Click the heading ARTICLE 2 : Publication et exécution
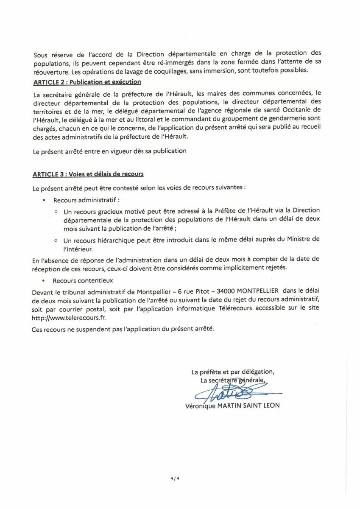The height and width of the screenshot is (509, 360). (87, 81)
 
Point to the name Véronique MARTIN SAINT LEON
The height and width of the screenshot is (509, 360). (232, 405)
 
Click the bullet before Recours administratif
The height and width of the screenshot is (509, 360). (44, 199)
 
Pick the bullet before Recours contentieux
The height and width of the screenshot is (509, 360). (44, 281)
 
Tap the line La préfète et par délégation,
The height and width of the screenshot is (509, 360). (232, 372)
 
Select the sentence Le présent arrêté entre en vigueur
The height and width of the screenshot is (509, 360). (109, 151)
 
